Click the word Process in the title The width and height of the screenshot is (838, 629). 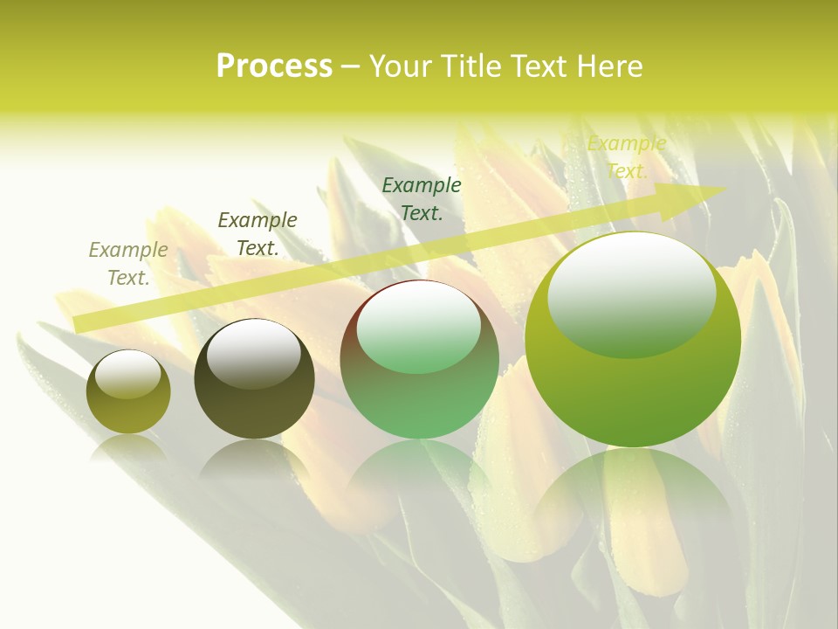(274, 66)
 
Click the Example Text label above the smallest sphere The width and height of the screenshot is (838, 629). (128, 264)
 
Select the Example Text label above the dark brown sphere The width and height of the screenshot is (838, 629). (258, 234)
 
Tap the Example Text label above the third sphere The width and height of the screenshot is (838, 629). (422, 198)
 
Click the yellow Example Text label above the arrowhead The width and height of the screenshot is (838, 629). (627, 157)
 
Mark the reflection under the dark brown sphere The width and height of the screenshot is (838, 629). (254, 459)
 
